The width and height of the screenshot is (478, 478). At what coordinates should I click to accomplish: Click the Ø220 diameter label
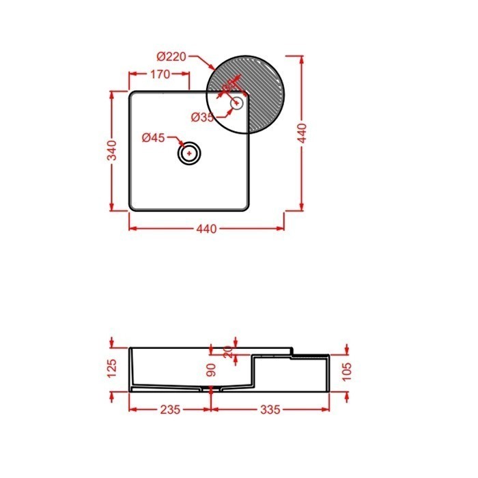pos(170,56)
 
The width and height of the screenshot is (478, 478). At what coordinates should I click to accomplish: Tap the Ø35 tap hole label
pos(203,117)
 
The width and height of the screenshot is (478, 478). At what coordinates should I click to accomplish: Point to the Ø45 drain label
pos(154,138)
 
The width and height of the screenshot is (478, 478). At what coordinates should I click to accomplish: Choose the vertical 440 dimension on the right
pos(303,132)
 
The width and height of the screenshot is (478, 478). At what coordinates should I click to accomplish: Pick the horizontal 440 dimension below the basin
pos(206,229)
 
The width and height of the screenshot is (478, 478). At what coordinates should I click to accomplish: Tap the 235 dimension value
pos(170,410)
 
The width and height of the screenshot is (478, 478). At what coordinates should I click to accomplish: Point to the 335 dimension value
pos(270,410)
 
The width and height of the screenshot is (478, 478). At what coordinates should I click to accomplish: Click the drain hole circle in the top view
pos(189,153)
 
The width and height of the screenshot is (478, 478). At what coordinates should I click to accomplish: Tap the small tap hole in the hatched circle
pos(237,104)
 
